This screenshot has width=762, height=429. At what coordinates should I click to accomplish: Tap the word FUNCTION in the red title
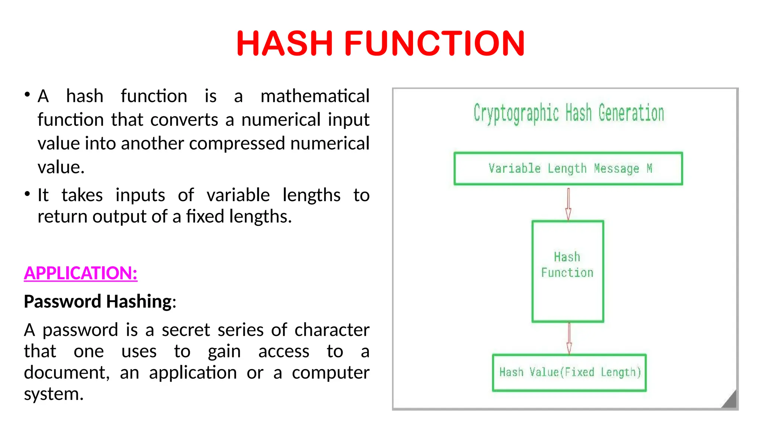pos(434,44)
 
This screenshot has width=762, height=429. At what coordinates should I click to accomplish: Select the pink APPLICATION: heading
pos(80,273)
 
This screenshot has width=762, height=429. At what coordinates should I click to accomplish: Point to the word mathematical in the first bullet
pos(315,96)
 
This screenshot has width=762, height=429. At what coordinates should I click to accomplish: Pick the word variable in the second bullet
pos(238,195)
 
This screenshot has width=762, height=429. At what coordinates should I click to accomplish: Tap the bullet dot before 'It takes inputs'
pos(27,194)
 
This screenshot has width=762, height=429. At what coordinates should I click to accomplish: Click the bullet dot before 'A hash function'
pos(27,95)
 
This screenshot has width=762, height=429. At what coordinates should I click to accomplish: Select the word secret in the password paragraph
pos(186,330)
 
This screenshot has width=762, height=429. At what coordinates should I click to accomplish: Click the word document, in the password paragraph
pos(67,372)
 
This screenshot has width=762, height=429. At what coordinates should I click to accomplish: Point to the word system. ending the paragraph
pos(54,394)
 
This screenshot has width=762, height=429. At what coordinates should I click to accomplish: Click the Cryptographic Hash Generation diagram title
pos(569,113)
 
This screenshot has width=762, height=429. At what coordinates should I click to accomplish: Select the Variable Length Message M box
pos(568,169)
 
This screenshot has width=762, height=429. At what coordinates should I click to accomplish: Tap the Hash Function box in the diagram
pos(568,271)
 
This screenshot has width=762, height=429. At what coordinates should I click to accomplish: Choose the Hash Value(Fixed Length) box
pos(569,372)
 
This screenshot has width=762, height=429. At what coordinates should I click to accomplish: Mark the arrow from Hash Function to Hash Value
pos(569,338)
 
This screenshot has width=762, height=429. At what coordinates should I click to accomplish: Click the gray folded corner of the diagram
pos(730,401)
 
